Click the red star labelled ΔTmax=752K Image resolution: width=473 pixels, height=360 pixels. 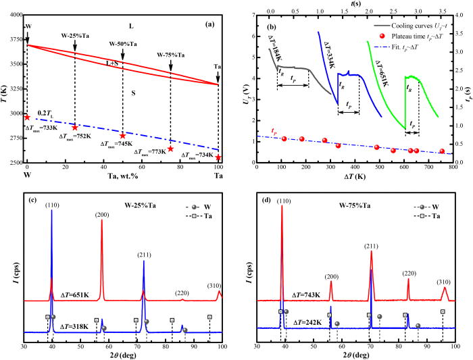tap(75, 127)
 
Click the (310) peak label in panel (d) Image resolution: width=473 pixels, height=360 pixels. tap(444, 281)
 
